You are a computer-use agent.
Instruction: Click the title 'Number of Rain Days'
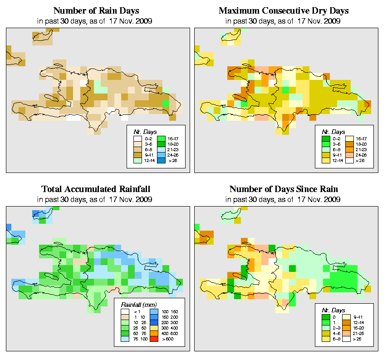[96, 10]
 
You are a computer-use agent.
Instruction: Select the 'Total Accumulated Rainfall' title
[96, 189]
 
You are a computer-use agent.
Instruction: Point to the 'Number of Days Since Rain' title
[284, 189]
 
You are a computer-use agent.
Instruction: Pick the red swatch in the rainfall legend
[153, 339]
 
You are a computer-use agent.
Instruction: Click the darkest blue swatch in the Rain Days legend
[160, 160]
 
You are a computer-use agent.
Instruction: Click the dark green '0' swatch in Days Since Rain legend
[325, 316]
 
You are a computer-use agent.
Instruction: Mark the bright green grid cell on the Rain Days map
[166, 104]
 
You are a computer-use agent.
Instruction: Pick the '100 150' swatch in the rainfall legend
[153, 311]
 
